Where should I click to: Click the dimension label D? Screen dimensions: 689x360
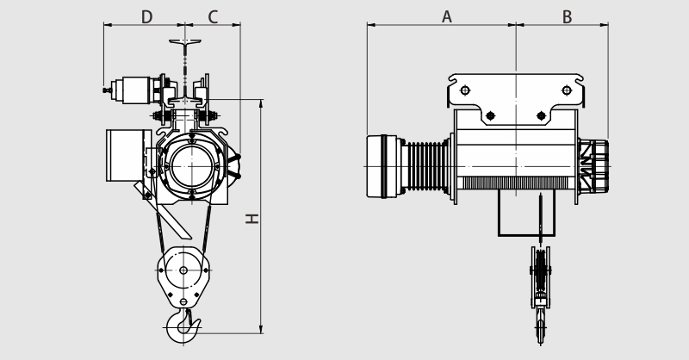coord(146,17)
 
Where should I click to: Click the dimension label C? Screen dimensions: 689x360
coord(213,17)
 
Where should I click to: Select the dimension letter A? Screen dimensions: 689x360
coord(446,17)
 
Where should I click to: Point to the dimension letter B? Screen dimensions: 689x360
coord(567,17)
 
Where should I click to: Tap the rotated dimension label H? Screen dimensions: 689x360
coord(252,219)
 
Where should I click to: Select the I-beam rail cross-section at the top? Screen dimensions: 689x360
coord(185,42)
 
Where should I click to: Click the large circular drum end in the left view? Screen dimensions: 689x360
coord(192,166)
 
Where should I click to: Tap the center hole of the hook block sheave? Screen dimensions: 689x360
coord(183,270)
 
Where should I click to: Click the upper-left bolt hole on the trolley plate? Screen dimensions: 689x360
coord(465,90)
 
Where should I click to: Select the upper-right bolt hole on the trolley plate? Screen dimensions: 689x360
coord(567,90)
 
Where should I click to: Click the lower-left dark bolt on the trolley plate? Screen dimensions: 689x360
coord(490,115)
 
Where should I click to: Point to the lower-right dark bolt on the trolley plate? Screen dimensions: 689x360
coord(542,115)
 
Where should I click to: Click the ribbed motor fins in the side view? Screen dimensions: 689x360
coord(425,166)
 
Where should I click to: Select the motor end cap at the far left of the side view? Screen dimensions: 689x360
coord(382,166)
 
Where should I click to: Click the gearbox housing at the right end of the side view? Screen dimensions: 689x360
coord(593,166)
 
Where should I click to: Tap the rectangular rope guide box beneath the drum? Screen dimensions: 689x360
coord(526,213)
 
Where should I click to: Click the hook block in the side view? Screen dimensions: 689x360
coord(541,295)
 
